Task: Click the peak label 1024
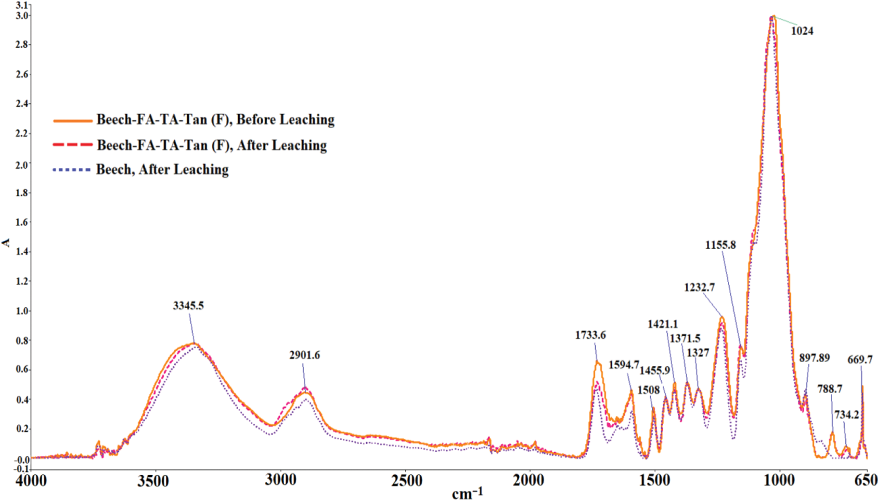pyautogui.click(x=802, y=31)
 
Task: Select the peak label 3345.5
pyautogui.click(x=188, y=306)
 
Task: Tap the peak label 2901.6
pyautogui.click(x=304, y=355)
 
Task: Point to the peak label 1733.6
pyautogui.click(x=590, y=335)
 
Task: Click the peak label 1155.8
pyautogui.click(x=721, y=245)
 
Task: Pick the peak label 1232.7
pyautogui.click(x=699, y=287)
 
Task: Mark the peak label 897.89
pyautogui.click(x=814, y=358)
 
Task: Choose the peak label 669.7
pyautogui.click(x=860, y=360)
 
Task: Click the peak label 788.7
pyautogui.click(x=829, y=389)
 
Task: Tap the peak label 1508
pyautogui.click(x=649, y=390)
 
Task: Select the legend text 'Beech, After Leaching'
pyautogui.click(x=162, y=169)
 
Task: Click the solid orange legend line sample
pyautogui.click(x=73, y=121)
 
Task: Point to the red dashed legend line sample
pyautogui.click(x=73, y=145)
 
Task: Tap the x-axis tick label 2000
pyautogui.click(x=529, y=481)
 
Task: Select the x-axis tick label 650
pyautogui.click(x=865, y=481)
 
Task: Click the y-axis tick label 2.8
pyautogui.click(x=21, y=45)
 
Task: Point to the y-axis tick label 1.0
pyautogui.click(x=21, y=311)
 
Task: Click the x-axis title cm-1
pyautogui.click(x=467, y=493)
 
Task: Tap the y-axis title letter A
pyautogui.click(x=6, y=243)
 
